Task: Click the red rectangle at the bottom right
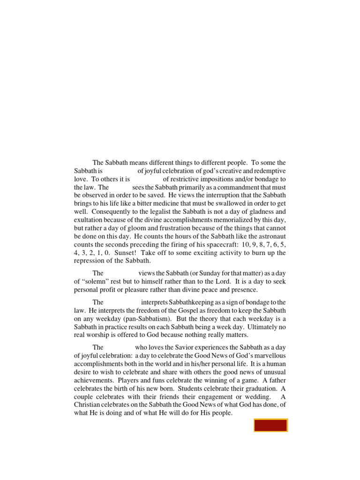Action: click(270, 425)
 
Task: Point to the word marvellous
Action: click(267, 355)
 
